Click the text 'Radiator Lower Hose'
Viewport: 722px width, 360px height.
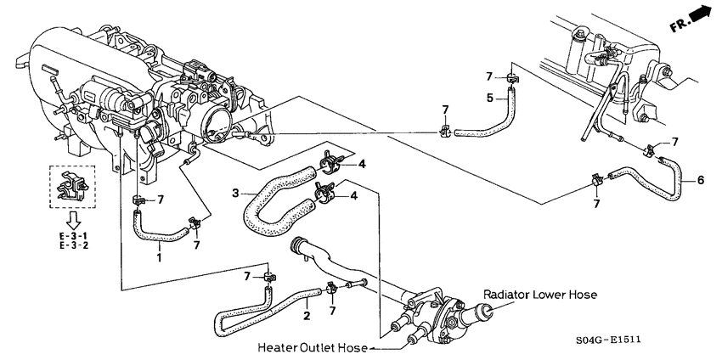(x=539, y=295)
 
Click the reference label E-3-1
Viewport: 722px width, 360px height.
(x=73, y=234)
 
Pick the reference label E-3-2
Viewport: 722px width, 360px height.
(x=73, y=246)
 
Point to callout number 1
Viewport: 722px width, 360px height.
(x=158, y=256)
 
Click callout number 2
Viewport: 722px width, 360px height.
(x=306, y=316)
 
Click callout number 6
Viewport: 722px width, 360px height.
(x=700, y=179)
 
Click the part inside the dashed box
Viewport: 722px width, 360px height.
(x=71, y=188)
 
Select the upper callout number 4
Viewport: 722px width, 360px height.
(x=360, y=164)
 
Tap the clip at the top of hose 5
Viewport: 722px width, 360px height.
(x=512, y=79)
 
